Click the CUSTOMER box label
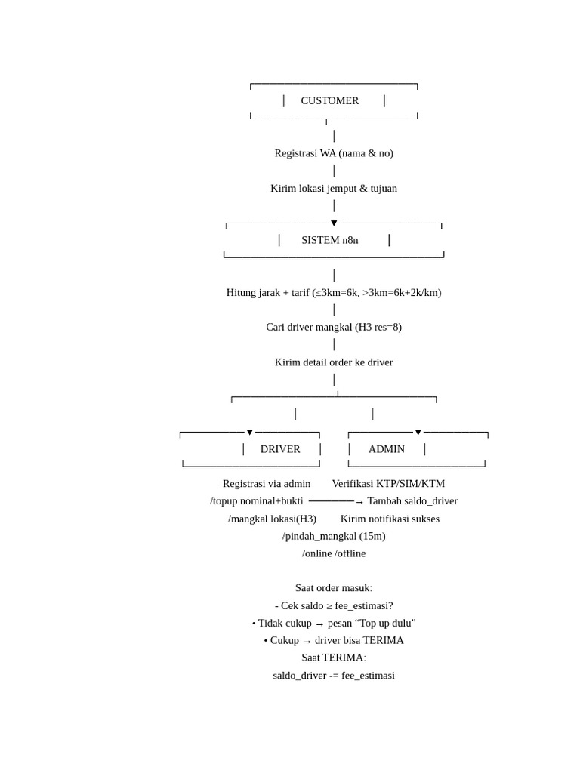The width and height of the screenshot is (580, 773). [330, 100]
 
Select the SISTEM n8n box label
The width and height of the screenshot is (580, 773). [330, 240]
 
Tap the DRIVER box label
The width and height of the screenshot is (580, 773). [280, 449]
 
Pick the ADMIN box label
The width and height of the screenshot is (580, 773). [387, 449]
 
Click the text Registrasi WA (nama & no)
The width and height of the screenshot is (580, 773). [334, 153]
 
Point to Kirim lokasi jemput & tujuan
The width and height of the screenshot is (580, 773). [334, 189]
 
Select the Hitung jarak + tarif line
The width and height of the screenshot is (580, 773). [334, 293]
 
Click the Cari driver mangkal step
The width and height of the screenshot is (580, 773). [334, 328]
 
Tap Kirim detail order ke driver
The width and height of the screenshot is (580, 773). [334, 362]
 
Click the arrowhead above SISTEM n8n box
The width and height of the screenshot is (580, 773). [334, 223]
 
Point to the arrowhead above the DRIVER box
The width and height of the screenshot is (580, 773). [250, 433]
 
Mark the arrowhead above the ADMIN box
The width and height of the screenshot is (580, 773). [418, 433]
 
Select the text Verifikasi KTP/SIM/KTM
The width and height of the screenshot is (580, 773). [388, 484]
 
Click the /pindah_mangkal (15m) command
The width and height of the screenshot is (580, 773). [334, 536]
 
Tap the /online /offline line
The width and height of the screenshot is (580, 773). [334, 553]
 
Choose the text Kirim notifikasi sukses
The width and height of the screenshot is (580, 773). [390, 519]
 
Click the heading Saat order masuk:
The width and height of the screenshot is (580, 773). [334, 588]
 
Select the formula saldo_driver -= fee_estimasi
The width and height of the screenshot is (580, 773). [334, 676]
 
